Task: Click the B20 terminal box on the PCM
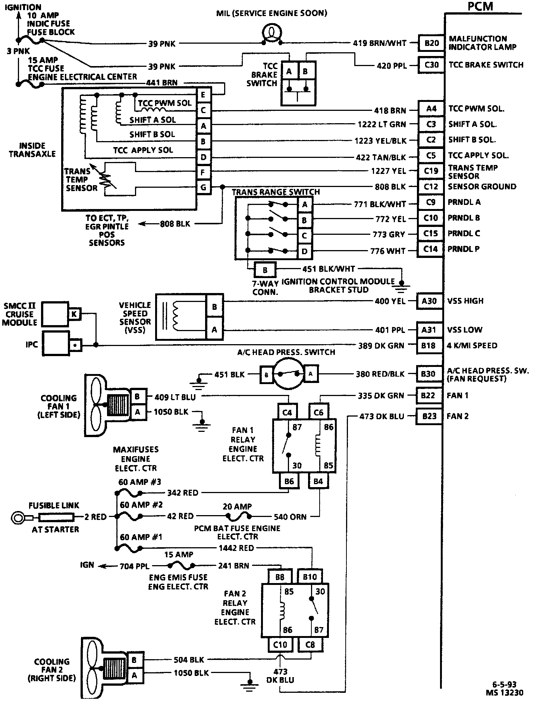(x=431, y=43)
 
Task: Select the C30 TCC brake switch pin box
(x=431, y=65)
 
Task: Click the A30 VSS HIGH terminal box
(x=429, y=301)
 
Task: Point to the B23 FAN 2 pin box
(x=429, y=416)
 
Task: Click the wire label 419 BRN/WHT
(x=380, y=43)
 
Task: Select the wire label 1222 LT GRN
(x=382, y=124)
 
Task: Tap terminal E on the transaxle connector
(x=204, y=95)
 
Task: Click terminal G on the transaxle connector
(x=204, y=187)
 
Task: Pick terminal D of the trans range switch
(x=305, y=251)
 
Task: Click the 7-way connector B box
(x=265, y=270)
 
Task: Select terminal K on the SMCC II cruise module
(x=74, y=314)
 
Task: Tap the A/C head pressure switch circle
(x=288, y=374)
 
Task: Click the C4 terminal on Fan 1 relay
(x=287, y=412)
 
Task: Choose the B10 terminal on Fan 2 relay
(x=310, y=577)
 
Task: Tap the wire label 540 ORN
(x=290, y=517)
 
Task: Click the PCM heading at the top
(x=480, y=6)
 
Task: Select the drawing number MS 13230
(x=504, y=693)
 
